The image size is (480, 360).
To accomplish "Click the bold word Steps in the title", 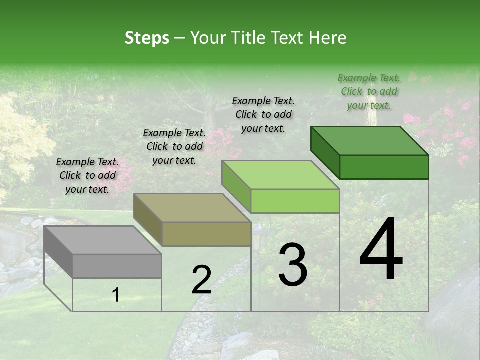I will (x=147, y=38).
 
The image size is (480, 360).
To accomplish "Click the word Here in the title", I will (x=327, y=38).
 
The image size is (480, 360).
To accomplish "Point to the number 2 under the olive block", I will (x=201, y=280).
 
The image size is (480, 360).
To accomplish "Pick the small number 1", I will (x=116, y=295).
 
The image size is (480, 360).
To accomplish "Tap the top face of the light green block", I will (x=280, y=175).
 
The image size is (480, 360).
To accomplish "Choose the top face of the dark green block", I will (x=369, y=141).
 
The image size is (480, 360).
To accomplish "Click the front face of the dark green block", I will (x=384, y=167).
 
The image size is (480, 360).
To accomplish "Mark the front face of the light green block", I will (x=295, y=201).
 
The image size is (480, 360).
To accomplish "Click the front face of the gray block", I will (x=117, y=266).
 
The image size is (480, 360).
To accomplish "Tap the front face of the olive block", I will (x=206, y=234).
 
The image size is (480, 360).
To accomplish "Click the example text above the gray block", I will (x=87, y=175).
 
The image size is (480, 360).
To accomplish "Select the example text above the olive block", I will (x=174, y=146).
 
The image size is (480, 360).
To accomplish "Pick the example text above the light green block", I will (x=263, y=114).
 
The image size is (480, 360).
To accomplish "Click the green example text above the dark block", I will (x=369, y=91).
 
